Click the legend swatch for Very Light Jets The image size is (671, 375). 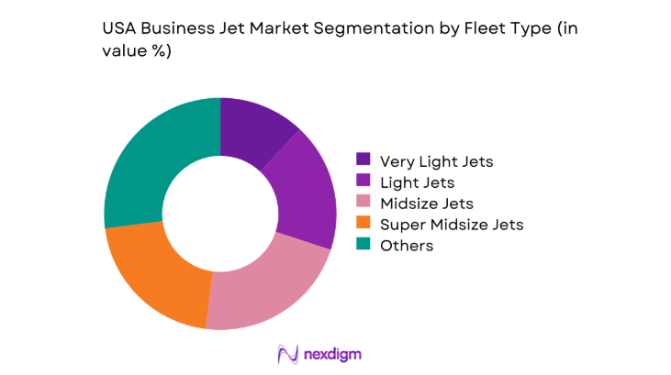point(363,161)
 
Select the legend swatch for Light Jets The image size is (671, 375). point(363,182)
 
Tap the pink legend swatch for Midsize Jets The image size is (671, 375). point(363,204)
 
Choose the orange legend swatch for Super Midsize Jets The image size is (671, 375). point(363,225)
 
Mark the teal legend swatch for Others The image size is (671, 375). point(363,246)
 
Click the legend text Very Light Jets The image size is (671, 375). point(438,161)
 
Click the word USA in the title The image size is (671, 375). point(119,29)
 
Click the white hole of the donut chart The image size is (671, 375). point(220,213)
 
